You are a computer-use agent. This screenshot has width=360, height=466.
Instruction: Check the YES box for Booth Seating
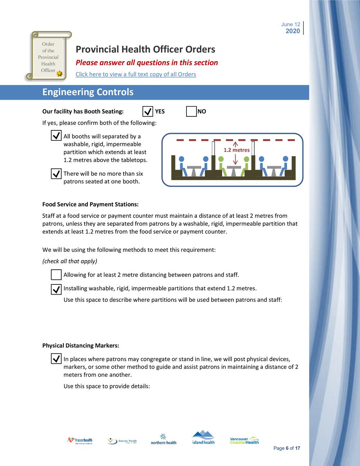148,112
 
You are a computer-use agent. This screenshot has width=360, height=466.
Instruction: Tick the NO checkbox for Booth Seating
191,112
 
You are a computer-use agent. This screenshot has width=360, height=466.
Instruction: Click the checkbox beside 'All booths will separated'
56,136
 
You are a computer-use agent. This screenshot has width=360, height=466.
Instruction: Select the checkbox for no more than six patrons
56,174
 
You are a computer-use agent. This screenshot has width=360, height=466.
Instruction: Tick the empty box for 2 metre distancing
56,275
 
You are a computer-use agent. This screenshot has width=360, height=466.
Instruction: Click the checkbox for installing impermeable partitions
56,289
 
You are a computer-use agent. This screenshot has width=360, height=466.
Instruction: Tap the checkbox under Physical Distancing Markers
56,359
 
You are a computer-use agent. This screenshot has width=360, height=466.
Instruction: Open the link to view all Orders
136,74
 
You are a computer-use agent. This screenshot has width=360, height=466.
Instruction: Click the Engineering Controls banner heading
88,92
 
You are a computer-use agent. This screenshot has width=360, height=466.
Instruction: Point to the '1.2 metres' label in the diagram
237,150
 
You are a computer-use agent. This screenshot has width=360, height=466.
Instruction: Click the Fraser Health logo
80,440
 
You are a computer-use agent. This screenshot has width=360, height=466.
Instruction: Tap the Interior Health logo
122,441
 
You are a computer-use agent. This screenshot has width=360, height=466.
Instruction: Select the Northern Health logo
163,439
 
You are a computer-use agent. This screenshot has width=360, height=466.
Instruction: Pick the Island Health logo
203,438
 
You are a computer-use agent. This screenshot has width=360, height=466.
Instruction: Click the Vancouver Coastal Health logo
244,440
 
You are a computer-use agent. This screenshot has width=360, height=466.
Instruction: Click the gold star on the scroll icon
60,73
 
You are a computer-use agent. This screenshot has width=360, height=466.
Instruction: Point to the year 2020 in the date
293,31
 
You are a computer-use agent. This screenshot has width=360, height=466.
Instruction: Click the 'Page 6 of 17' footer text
287,448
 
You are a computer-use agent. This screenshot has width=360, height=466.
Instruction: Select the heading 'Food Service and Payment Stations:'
90,204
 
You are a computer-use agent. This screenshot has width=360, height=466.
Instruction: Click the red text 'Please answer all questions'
147,63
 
